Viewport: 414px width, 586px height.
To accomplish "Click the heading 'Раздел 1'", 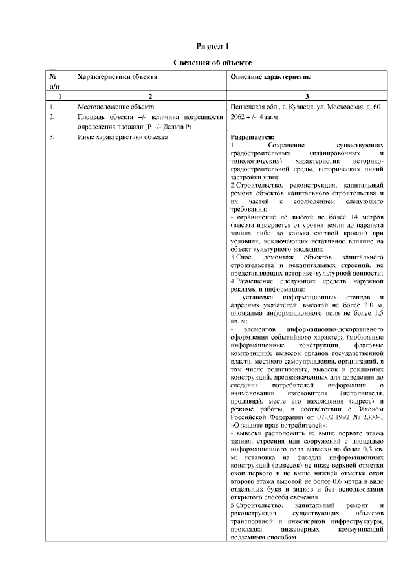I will coord(212,46).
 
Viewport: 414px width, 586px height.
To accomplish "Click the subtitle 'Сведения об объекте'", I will coord(212,62).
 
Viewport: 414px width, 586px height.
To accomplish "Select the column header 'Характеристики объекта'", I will coord(117,77).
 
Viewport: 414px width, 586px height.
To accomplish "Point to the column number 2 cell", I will coord(150,96).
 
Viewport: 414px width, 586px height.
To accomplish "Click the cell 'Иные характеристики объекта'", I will coord(123,138).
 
